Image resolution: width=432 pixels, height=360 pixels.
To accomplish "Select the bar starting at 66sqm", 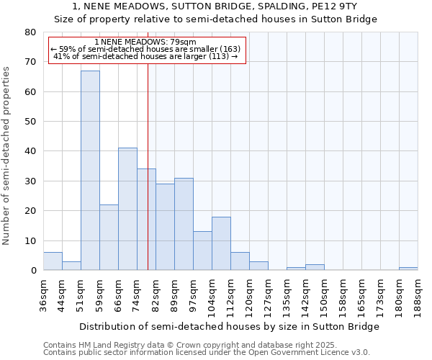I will coord(127,209).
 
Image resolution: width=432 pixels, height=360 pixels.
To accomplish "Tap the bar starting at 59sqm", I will coord(109,238).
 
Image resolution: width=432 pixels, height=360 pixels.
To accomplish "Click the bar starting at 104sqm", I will coord(221,243).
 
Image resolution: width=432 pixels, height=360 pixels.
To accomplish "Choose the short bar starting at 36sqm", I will coord(53,261).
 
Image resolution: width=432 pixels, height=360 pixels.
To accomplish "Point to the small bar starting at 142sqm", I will coord(315,267).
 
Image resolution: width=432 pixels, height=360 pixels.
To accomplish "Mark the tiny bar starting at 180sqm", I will coord(408,269).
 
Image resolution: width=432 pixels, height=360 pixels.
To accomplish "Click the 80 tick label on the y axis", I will coord(30,32).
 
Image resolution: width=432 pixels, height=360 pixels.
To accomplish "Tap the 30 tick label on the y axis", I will coord(30,181).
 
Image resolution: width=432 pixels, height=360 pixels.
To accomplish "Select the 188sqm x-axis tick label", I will coord(418,295).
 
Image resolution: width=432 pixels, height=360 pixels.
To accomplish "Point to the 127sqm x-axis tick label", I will coord(268,295).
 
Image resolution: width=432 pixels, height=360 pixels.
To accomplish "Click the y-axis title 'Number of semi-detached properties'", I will coord(7,156).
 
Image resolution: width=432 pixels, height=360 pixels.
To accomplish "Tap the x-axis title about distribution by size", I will coord(229,326).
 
